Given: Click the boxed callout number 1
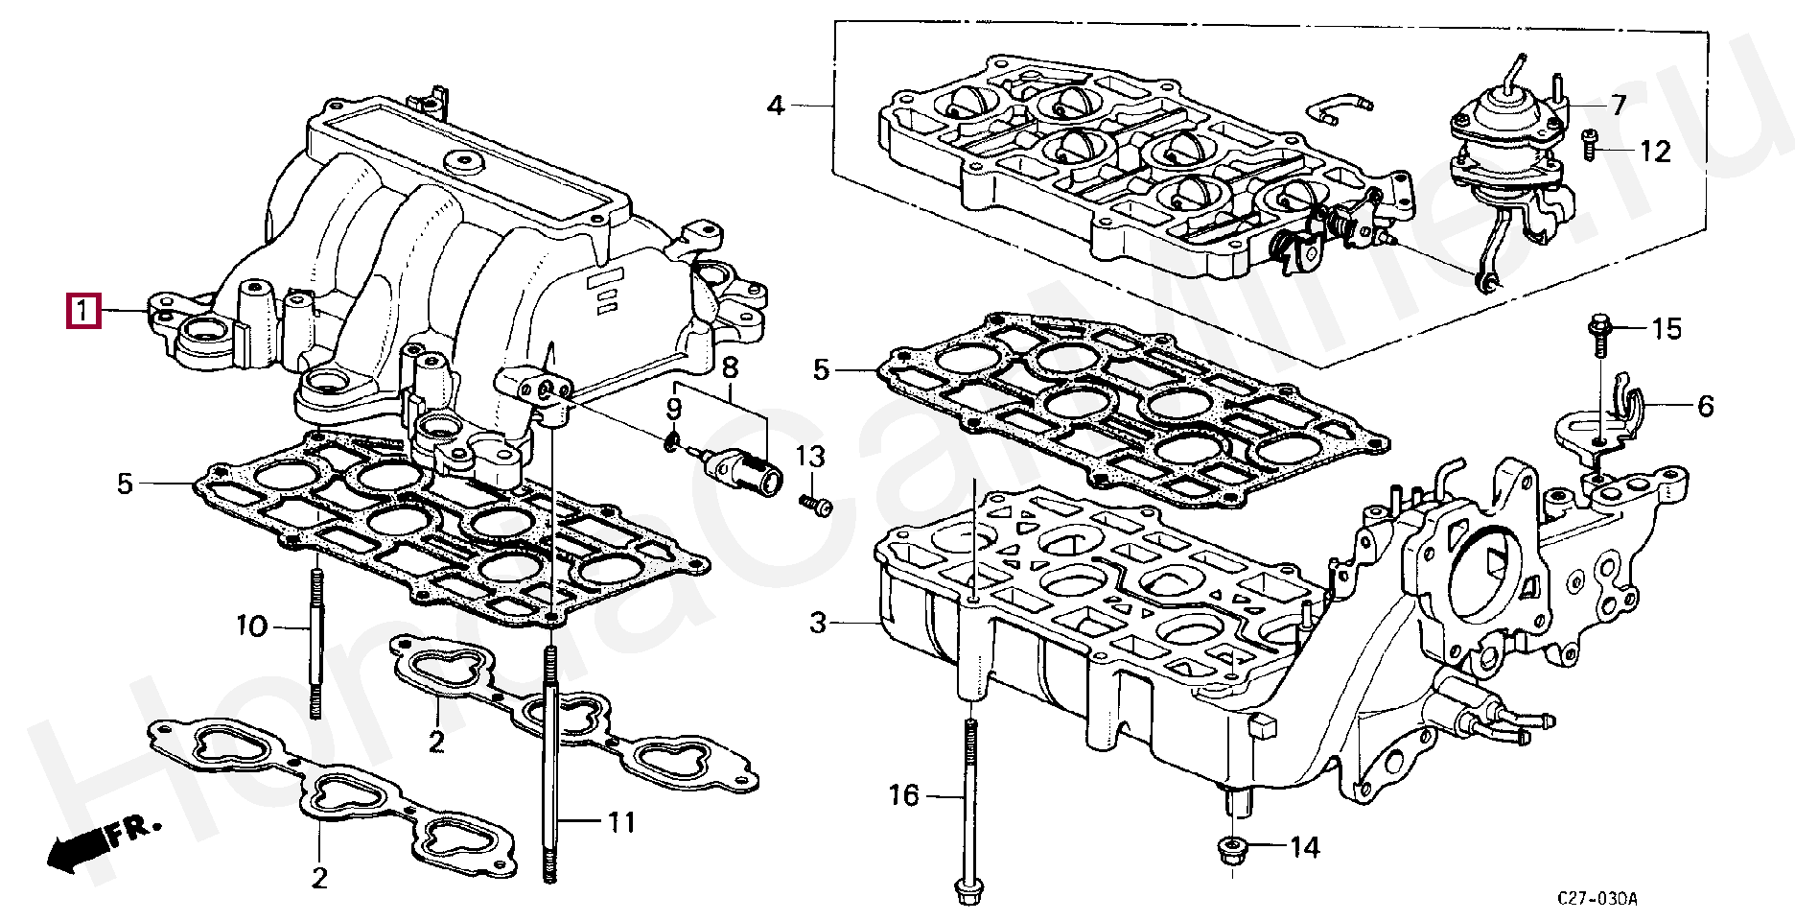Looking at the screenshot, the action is coord(82,311).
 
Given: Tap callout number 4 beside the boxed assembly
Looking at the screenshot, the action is coord(776,105).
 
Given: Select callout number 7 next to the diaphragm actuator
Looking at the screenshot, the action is coord(1619,105).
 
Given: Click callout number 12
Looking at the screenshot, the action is coord(1655,151).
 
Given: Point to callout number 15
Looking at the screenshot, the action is coord(1667,329).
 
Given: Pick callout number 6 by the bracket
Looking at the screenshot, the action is coord(1705,406).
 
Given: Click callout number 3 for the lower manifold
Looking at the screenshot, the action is coord(817,624).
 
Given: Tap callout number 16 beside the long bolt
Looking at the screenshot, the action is coord(903,795).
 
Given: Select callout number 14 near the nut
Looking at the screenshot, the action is coord(1304,847).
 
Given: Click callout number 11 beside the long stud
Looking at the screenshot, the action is coord(621,822).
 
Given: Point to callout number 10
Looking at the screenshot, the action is coord(252,627).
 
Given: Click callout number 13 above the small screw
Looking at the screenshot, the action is coord(810,457).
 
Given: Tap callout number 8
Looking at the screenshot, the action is coord(731,367).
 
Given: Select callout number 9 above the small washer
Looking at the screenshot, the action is coord(674,409).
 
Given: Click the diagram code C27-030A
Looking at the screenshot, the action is coord(1597,899).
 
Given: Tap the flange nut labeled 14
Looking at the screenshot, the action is coord(1230,851).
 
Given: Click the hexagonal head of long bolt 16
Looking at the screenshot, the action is coord(967,889).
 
